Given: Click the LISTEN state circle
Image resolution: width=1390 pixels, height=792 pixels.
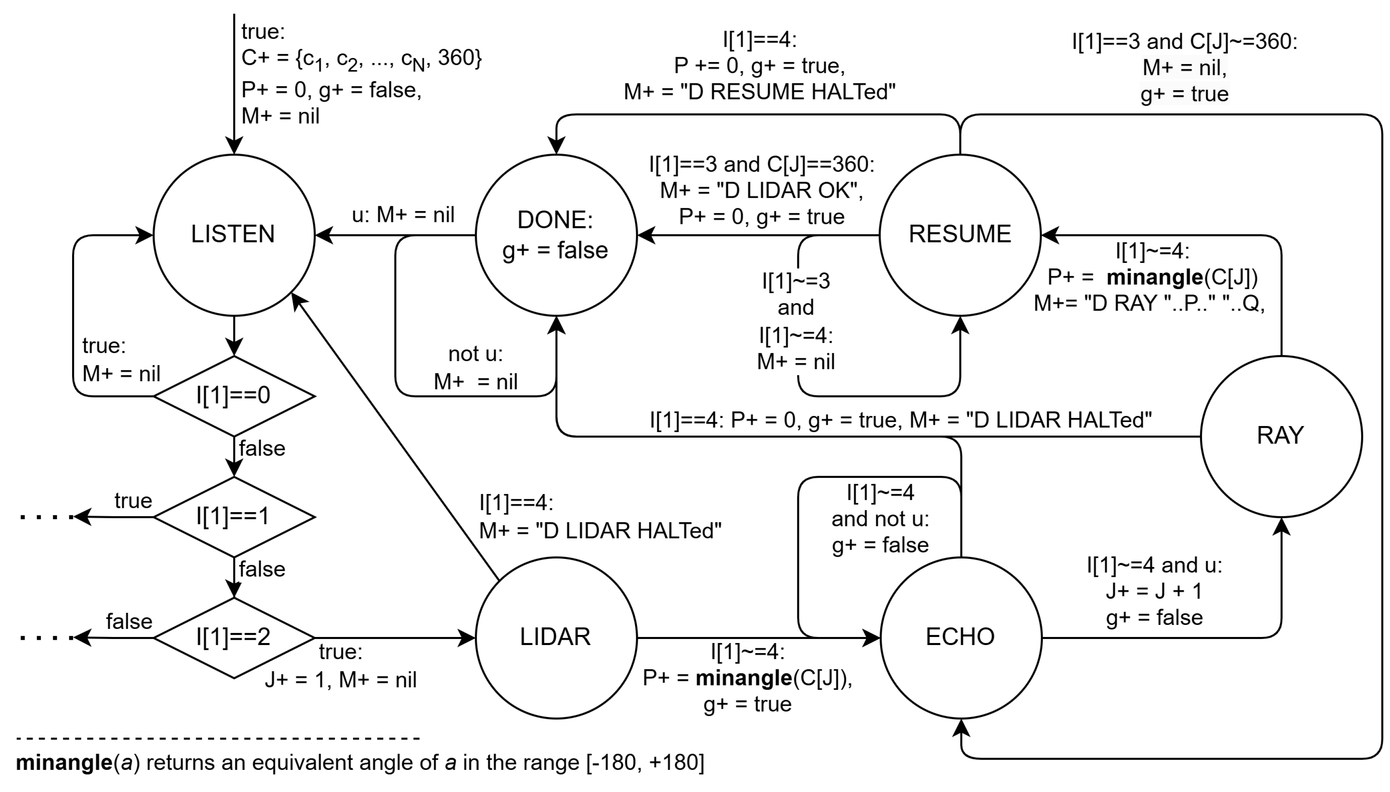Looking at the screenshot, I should [x=234, y=235].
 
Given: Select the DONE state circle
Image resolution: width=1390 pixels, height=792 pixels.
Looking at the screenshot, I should [x=556, y=235].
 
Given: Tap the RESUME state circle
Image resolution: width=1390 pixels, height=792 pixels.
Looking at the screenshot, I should [x=960, y=235].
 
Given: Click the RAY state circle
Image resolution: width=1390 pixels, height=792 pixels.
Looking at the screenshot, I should [x=1281, y=436].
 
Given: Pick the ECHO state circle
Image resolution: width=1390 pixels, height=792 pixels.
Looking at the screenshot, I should [x=960, y=637].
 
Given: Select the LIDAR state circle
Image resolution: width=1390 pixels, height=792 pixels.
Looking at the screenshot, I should [x=556, y=637].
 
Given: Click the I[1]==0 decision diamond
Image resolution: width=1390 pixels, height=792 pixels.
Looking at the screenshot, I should [x=234, y=395].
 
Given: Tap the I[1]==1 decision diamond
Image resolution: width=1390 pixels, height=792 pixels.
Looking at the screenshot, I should [x=234, y=516].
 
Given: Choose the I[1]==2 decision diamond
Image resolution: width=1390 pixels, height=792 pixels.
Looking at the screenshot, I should [x=234, y=637].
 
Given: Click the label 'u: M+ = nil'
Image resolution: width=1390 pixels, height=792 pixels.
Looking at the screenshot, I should [x=403, y=215].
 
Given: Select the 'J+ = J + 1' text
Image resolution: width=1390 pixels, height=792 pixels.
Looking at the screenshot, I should [x=1154, y=591].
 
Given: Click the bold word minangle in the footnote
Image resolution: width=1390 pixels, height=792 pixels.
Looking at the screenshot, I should [x=64, y=763].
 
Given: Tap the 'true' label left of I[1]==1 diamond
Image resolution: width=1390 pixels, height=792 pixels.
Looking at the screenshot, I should [x=133, y=501].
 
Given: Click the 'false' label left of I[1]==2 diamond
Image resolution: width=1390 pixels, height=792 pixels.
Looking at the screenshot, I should [x=129, y=621].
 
